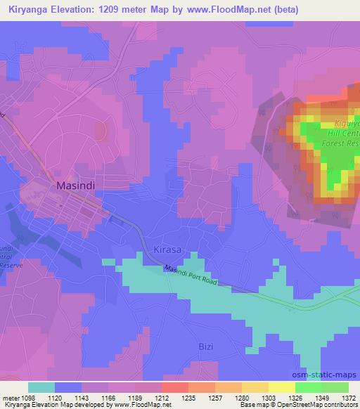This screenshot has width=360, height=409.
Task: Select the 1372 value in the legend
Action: [x=349, y=397]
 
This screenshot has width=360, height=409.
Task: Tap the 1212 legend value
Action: [x=162, y=397]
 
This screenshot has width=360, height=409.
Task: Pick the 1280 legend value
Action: [x=243, y=397]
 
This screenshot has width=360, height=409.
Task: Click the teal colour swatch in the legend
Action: [x=41, y=387]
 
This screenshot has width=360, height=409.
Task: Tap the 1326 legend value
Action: [x=295, y=397]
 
